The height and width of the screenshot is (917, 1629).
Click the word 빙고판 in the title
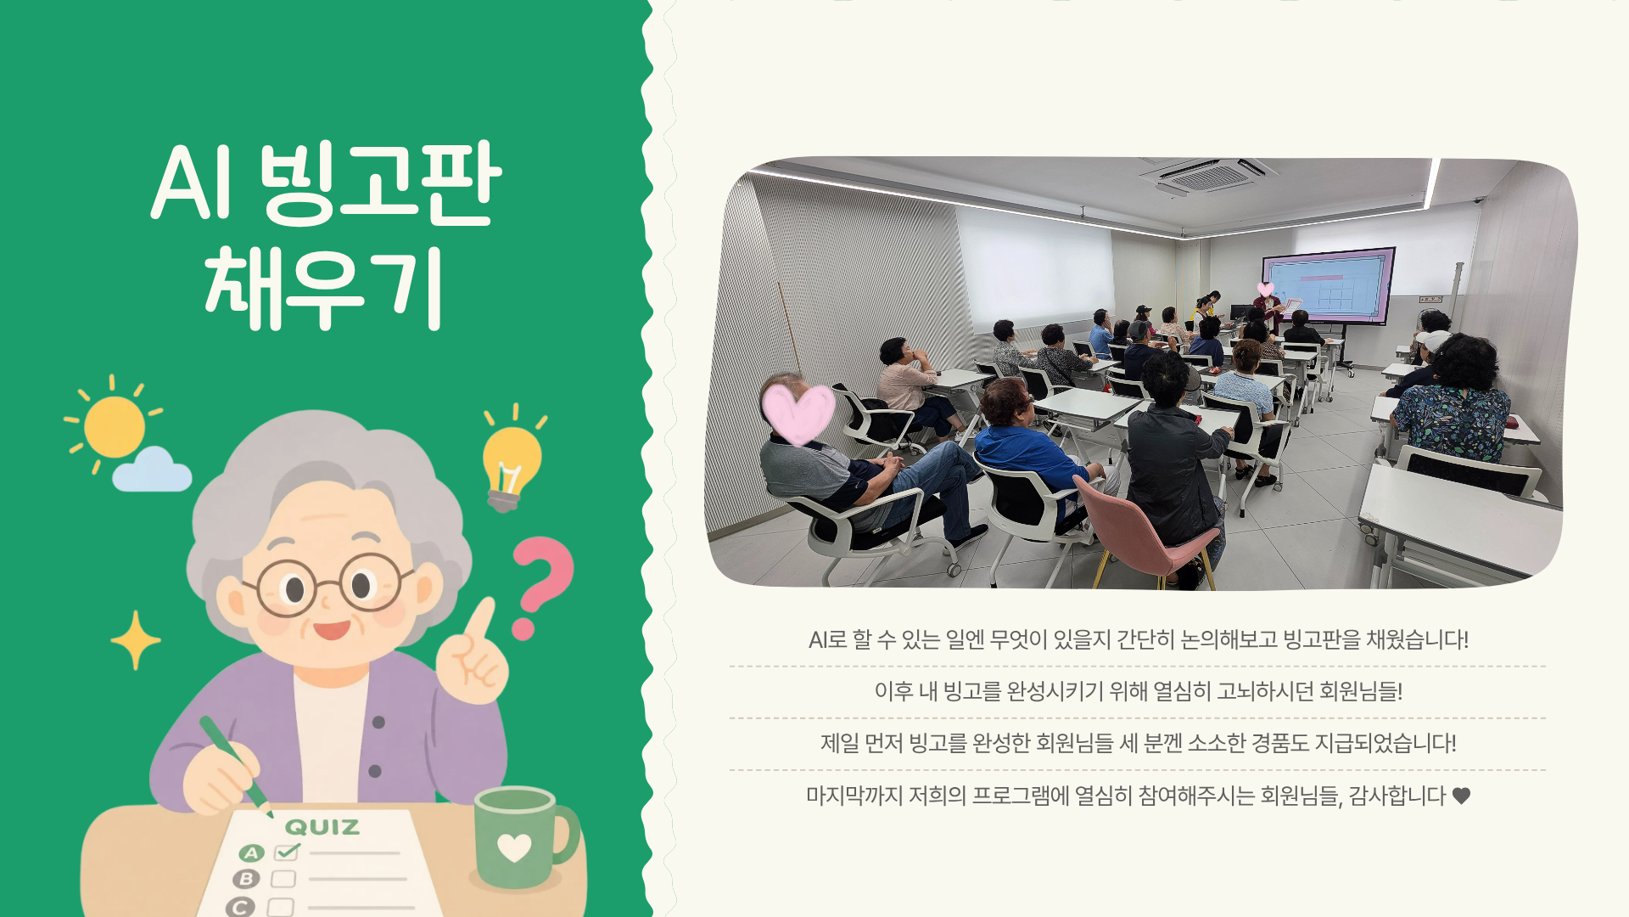click(x=380, y=183)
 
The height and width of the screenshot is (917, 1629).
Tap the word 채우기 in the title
click(x=323, y=288)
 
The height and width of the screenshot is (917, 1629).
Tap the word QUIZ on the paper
click(x=322, y=826)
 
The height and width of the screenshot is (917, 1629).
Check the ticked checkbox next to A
click(x=287, y=851)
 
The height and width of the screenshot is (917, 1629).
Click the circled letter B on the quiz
click(x=247, y=879)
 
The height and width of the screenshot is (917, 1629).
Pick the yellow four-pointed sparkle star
click(x=135, y=640)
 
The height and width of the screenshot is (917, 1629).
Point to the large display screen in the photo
click(x=1329, y=286)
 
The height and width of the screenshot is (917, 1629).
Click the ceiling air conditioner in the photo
click(x=1209, y=175)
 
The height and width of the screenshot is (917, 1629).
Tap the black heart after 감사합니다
click(x=1461, y=796)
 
